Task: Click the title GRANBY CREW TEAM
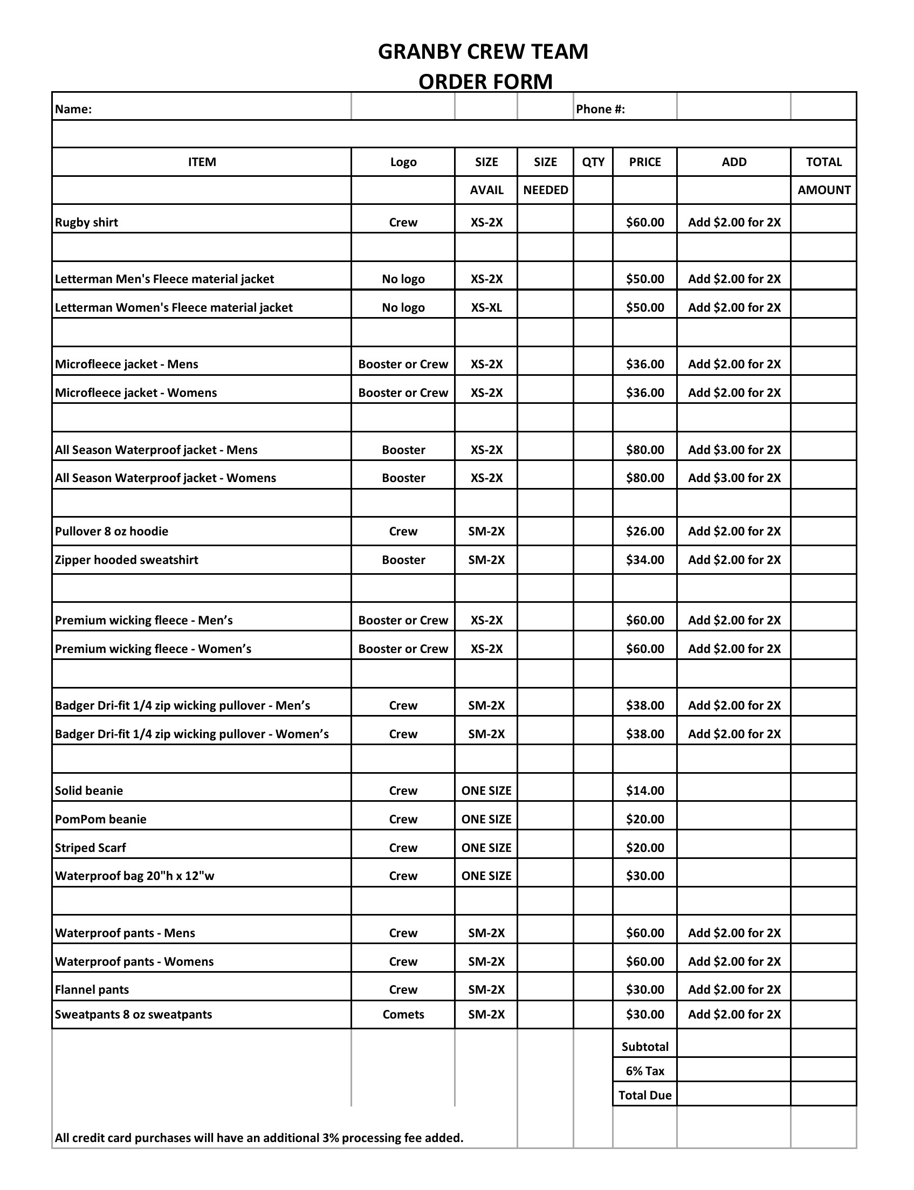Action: (483, 52)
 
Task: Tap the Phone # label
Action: (600, 109)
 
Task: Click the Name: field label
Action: (73, 109)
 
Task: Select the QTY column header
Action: (593, 162)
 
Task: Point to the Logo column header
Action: (403, 162)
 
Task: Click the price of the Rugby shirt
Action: (645, 223)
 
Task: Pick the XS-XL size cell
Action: (486, 308)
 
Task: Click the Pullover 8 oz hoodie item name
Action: (112, 531)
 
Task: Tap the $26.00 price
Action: (645, 531)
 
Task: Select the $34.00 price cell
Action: (645, 560)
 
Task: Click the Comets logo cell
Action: (403, 1014)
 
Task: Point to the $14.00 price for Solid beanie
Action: (645, 791)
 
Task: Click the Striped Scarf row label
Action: (90, 848)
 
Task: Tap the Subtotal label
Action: (645, 1047)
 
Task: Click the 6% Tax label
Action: (645, 1071)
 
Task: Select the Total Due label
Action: (645, 1095)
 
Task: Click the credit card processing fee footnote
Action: (259, 1138)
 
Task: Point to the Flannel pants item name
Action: (92, 990)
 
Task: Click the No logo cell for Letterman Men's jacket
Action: (403, 279)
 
